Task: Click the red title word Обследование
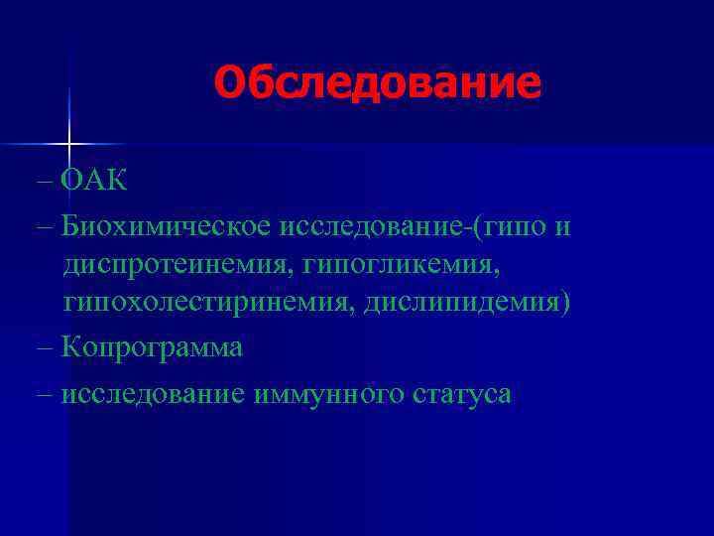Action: (378, 83)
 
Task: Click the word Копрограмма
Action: (152, 347)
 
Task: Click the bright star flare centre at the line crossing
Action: (69, 145)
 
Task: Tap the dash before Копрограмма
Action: (47, 347)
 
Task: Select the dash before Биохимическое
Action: (47, 226)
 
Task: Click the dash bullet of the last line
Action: (47, 394)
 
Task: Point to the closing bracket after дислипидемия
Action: (566, 301)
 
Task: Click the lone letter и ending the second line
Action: (562, 226)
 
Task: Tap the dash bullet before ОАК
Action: (47, 182)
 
